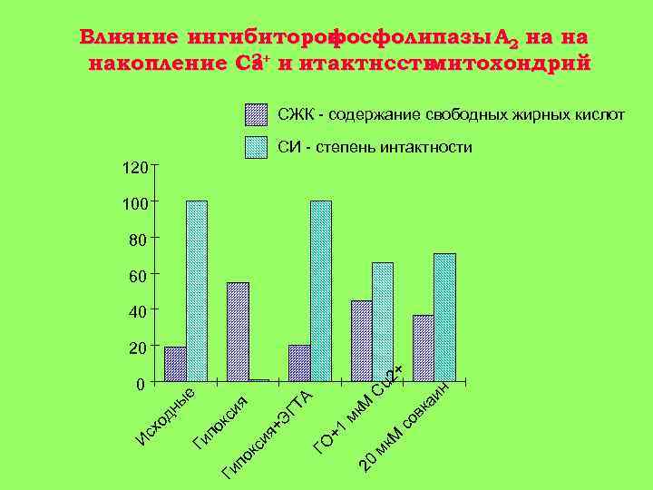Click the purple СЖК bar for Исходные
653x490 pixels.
[175, 364]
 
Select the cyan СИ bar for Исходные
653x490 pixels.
[197, 290]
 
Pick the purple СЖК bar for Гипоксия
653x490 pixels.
[238, 331]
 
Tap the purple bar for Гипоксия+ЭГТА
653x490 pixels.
[299, 363]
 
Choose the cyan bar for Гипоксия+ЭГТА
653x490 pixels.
[321, 290]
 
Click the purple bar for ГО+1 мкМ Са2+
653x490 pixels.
[361, 340]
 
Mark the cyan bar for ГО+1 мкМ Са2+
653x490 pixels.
[383, 321]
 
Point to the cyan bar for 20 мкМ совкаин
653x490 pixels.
[444, 317]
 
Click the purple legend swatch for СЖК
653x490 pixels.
[257, 115]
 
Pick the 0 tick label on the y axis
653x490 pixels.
[140, 384]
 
